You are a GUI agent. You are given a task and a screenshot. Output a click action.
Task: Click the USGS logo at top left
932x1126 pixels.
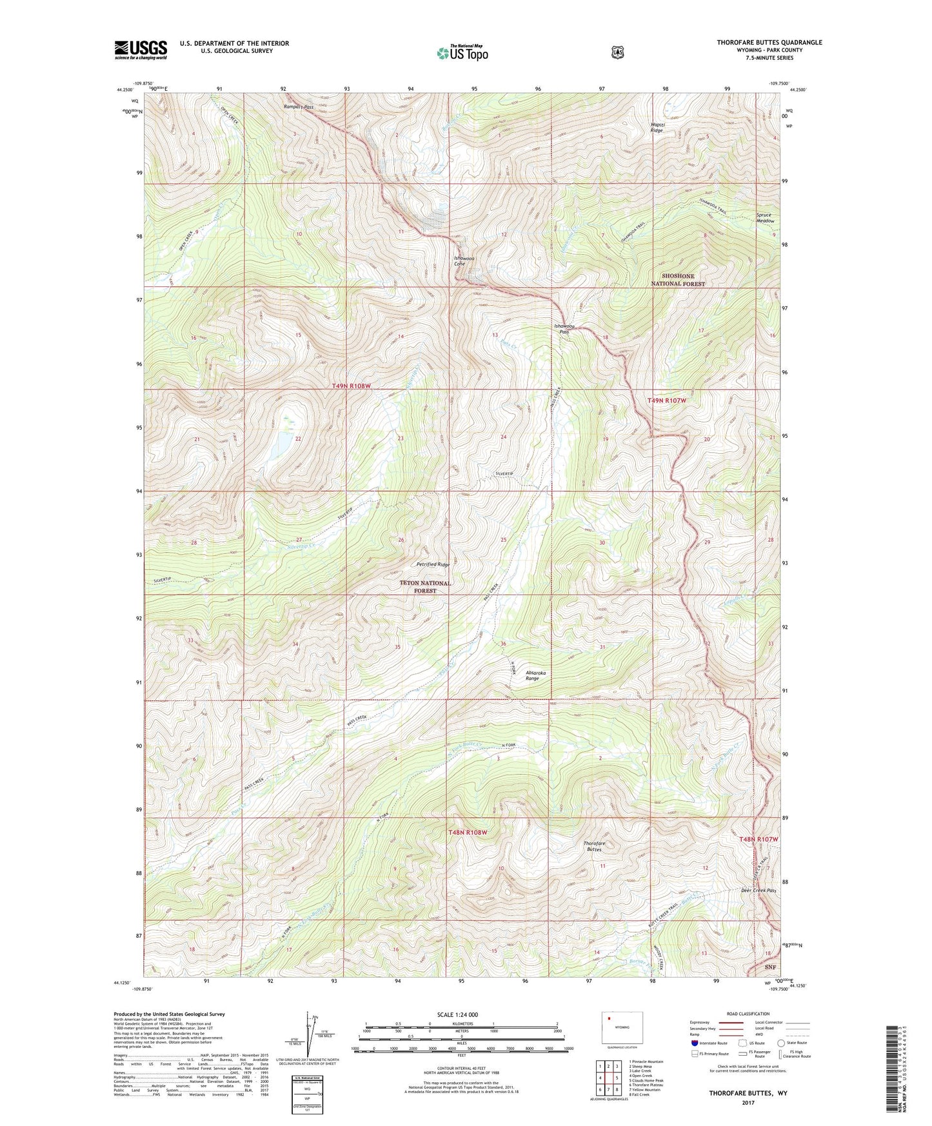(141, 50)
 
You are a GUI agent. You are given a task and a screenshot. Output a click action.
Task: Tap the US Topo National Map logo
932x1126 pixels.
(462, 53)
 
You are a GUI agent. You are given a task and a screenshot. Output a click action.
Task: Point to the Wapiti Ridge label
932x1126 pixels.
(656, 128)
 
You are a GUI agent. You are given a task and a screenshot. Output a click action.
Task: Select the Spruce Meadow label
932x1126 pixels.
(765, 218)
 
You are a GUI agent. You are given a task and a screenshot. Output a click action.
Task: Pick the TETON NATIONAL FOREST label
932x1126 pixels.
(425, 586)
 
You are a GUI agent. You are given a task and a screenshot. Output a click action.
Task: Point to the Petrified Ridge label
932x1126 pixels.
(432, 564)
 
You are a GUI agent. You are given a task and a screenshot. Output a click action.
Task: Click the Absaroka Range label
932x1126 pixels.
(535, 675)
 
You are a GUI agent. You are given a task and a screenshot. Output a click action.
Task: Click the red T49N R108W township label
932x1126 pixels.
(352, 386)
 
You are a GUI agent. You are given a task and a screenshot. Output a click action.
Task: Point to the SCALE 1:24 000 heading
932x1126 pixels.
(457, 1014)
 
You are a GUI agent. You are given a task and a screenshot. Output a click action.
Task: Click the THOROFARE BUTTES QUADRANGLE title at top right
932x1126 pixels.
(769, 43)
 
